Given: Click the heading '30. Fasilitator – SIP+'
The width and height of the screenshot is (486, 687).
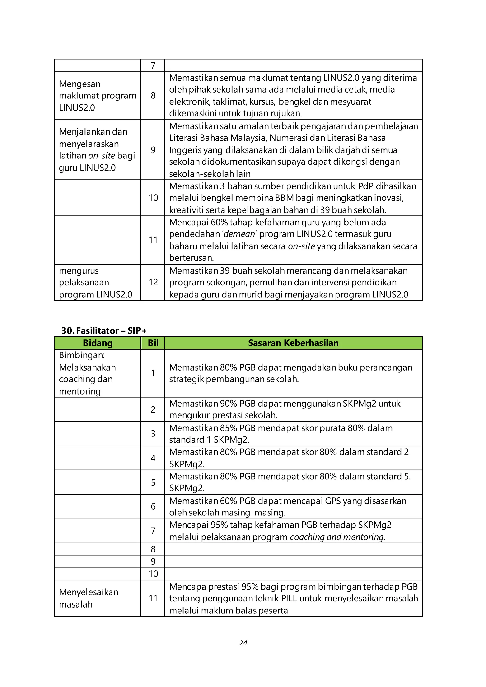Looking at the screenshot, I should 104,330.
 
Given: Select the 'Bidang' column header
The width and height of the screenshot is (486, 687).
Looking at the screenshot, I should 98,343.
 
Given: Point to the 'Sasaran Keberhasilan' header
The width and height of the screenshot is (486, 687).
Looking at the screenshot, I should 293,343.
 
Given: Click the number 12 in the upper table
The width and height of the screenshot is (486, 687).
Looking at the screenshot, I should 153,282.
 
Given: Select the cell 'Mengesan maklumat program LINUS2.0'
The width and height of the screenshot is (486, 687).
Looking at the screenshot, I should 97,95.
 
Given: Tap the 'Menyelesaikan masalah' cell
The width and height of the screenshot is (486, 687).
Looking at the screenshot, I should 89,598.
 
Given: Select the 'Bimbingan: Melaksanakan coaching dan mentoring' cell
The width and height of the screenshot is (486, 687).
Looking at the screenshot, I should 87,373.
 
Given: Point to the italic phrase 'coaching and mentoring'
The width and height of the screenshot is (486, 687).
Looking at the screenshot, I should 337,537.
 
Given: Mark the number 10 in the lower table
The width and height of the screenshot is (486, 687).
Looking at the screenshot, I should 153,574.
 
